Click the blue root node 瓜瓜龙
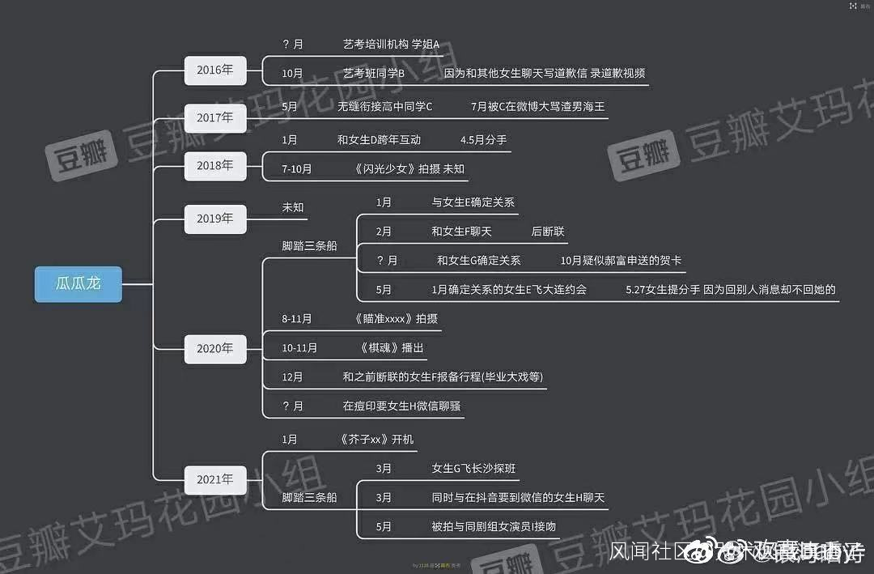78,284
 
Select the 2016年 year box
214,70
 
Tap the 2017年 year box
214,118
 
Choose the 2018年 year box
214,166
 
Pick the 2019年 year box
214,219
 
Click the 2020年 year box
214,349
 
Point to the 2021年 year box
214,479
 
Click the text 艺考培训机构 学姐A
391,44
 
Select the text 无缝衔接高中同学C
384,106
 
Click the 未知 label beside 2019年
293,207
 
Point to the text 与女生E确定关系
473,202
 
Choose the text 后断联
548,232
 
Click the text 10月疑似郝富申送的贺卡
621,261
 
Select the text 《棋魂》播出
391,348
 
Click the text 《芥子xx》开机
376,440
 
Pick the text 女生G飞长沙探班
474,469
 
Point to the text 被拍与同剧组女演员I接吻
494,527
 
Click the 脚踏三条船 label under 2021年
309,498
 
